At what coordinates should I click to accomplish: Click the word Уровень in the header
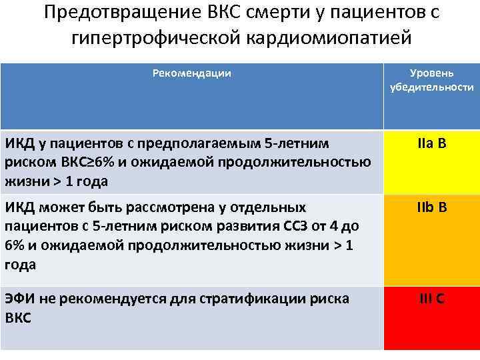(x=432, y=71)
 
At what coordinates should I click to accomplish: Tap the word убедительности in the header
(x=432, y=87)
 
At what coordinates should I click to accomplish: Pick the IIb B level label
(x=432, y=208)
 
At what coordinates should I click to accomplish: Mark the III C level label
(x=432, y=299)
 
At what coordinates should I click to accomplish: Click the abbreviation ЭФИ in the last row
(x=19, y=299)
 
